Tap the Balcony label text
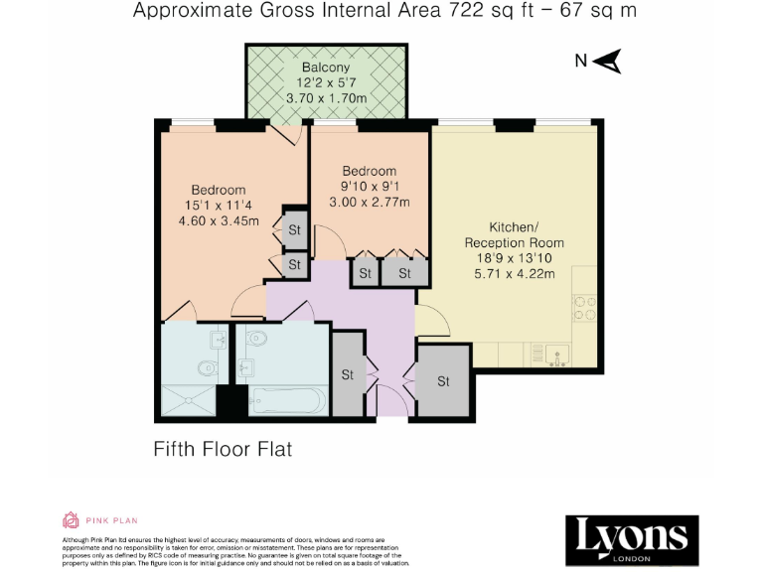pyautogui.click(x=326, y=68)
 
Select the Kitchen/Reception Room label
pyautogui.click(x=514, y=234)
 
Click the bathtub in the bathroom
pyautogui.click(x=286, y=401)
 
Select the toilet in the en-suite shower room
pyautogui.click(x=206, y=369)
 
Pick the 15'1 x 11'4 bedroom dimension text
pyautogui.click(x=219, y=206)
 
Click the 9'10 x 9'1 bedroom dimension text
pyautogui.click(x=369, y=187)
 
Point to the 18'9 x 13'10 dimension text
pyautogui.click(x=514, y=259)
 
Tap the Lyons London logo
pyautogui.click(x=632, y=540)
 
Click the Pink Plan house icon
pyautogui.click(x=71, y=519)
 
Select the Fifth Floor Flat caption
pyautogui.click(x=223, y=449)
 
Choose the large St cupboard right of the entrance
pyautogui.click(x=443, y=380)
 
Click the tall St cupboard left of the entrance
pyautogui.click(x=348, y=374)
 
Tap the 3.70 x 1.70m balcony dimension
pyautogui.click(x=326, y=98)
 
